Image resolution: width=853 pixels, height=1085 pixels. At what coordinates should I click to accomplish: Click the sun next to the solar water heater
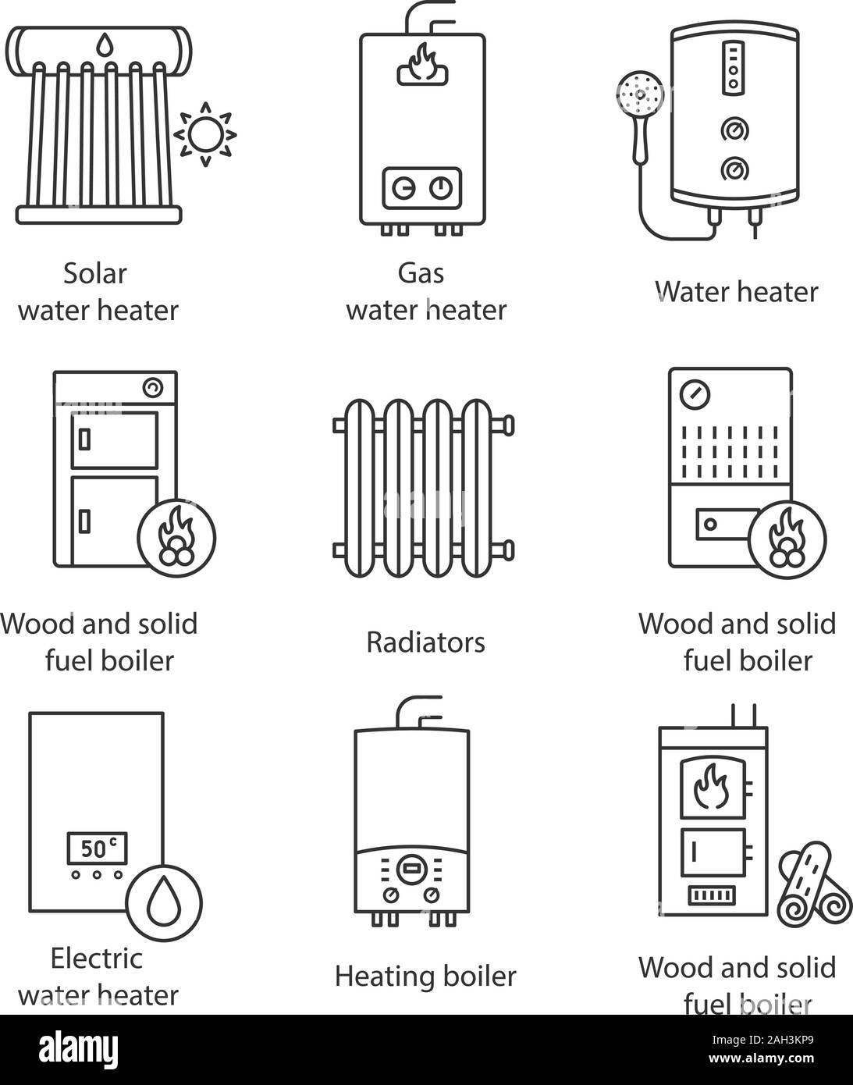click(205, 134)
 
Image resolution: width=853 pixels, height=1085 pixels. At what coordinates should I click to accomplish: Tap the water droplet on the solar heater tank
click(104, 44)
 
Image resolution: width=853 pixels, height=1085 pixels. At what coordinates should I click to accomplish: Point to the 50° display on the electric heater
click(98, 848)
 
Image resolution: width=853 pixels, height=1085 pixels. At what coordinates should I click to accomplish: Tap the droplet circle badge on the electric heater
click(164, 903)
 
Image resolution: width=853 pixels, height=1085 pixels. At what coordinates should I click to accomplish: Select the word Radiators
click(426, 642)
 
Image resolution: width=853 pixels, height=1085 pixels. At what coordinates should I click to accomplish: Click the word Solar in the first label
click(94, 274)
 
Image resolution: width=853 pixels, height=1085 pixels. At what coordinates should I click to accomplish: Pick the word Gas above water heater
click(421, 274)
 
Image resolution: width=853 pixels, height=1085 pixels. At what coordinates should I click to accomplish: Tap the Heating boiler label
click(426, 976)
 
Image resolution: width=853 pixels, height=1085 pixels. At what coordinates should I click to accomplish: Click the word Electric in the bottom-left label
click(97, 958)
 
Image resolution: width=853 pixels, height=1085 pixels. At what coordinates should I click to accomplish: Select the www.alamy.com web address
click(761, 1058)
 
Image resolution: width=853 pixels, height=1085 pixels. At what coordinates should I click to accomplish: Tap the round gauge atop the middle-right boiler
click(695, 394)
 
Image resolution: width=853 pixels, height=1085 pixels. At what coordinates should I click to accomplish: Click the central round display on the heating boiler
click(412, 870)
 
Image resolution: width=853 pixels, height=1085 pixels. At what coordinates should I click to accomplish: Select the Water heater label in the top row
click(737, 292)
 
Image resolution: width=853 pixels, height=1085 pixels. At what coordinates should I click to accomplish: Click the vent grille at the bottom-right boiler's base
click(712, 895)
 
